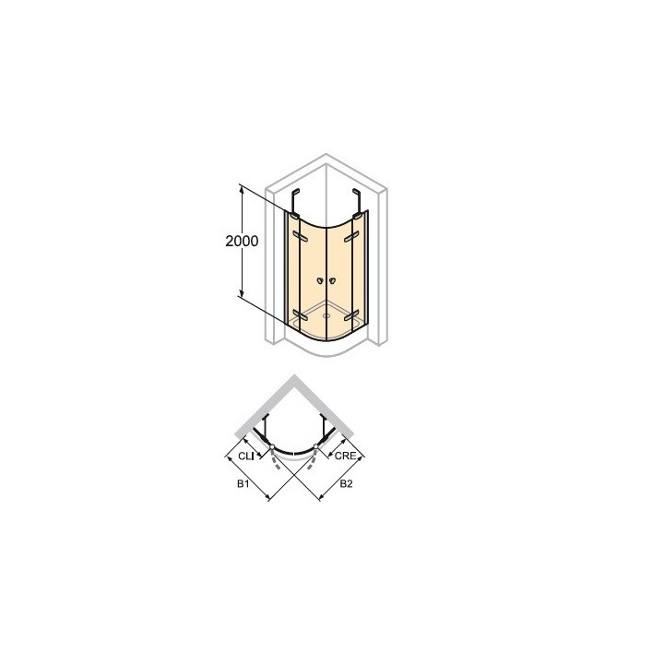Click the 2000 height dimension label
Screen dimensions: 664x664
(x=242, y=241)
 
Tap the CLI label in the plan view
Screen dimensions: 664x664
(x=245, y=456)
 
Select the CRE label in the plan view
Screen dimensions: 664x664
(x=345, y=456)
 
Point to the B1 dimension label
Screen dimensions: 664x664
(x=243, y=483)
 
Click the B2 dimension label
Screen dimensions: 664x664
(x=346, y=483)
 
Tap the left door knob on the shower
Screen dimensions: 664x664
(x=320, y=280)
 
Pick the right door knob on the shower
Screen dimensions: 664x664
(x=332, y=280)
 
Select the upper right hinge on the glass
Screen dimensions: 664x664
(x=351, y=237)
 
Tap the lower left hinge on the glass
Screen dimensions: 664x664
(x=300, y=314)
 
